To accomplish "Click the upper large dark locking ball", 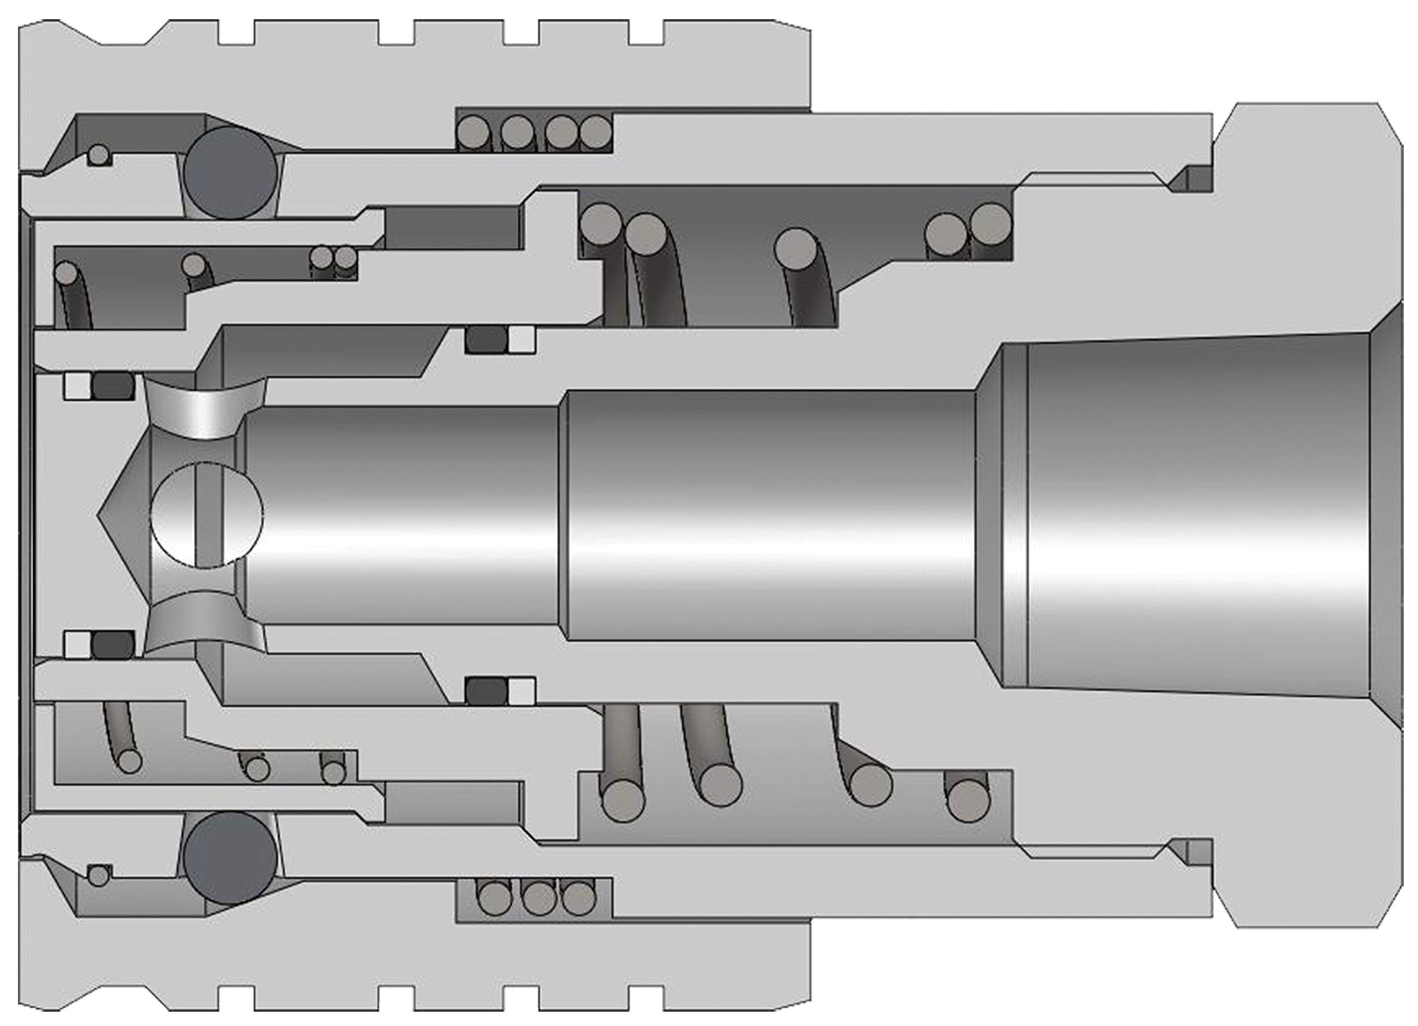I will coord(233,173).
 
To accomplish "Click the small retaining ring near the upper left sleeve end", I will coord(98,155).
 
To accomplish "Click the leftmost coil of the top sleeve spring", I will coord(473,133).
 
